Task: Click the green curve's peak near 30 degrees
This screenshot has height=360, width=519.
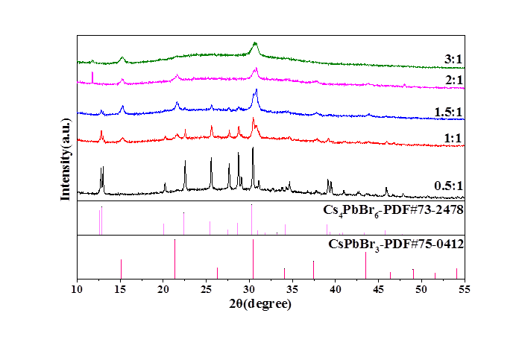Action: [255, 43]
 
